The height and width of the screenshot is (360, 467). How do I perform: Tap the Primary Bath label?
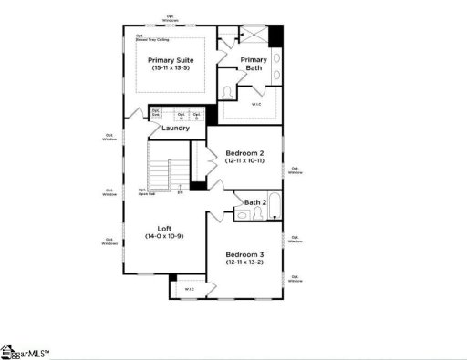point(254,64)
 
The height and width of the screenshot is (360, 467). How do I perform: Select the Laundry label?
point(174,128)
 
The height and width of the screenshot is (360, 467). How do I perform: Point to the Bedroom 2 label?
point(244,152)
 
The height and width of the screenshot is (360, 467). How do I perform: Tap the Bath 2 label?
point(255,201)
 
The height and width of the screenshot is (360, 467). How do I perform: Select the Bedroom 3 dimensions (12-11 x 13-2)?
point(244,262)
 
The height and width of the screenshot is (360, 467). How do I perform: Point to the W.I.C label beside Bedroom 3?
point(190,289)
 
